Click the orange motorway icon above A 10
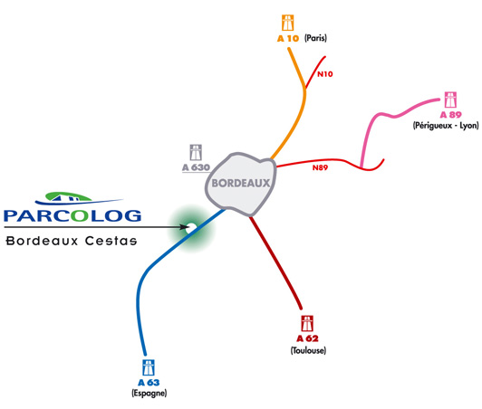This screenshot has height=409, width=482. click(288, 23)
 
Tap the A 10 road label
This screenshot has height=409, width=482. click(288, 38)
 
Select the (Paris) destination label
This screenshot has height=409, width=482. click(315, 38)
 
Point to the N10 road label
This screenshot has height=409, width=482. click(325, 74)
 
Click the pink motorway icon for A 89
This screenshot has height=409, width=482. click(450, 100)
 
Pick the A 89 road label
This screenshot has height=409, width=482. click(451, 115)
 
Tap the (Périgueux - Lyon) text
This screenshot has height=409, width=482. click(446, 126)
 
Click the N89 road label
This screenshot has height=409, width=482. click(321, 167)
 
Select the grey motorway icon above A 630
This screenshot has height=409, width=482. click(196, 153)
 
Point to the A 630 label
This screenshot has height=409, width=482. click(196, 167)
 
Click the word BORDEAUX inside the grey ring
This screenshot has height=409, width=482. click(241, 184)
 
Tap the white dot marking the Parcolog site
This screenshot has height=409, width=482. click(191, 227)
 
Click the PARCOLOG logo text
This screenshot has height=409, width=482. click(72, 215)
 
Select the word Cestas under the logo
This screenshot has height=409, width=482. click(111, 241)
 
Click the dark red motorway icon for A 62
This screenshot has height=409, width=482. click(307, 323)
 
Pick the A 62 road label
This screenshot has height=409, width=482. click(307, 338)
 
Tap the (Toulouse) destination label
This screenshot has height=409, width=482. click(308, 350)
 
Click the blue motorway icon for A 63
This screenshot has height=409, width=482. click(149, 367)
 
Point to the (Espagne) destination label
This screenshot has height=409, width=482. click(149, 393)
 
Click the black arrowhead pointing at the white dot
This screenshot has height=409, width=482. click(184, 227)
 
